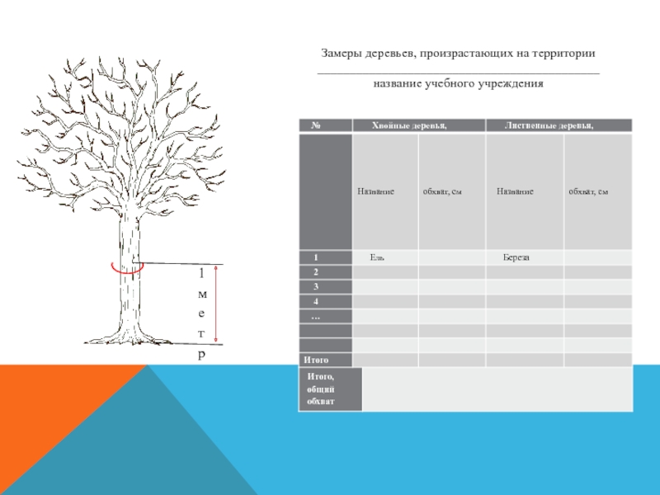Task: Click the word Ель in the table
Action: (376, 258)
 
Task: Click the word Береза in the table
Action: (516, 258)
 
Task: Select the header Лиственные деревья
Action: (549, 125)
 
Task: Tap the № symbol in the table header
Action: (316, 125)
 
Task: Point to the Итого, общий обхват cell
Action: (320, 389)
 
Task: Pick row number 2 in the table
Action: (315, 272)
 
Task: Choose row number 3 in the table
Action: (315, 287)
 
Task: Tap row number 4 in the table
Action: (315, 302)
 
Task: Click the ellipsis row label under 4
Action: (315, 317)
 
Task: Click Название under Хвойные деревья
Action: (375, 191)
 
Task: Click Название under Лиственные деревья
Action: (515, 191)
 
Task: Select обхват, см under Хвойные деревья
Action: (441, 192)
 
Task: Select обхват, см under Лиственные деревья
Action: (588, 192)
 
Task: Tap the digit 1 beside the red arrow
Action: (201, 273)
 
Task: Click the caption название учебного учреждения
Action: (458, 84)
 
